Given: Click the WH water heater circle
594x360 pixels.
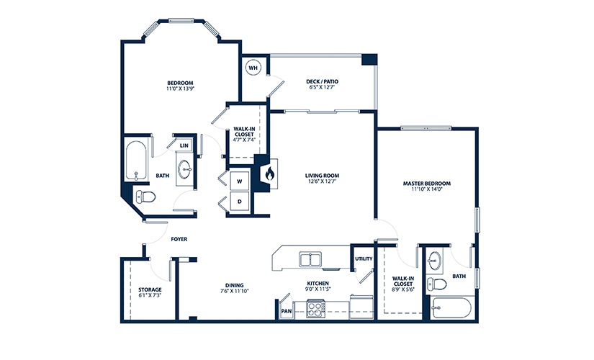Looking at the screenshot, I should [x=253, y=68].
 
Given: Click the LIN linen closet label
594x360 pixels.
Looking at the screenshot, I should [x=184, y=145].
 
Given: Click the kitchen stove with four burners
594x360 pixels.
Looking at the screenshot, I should [x=315, y=310].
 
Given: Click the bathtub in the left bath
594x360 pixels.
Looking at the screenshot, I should [x=135, y=161].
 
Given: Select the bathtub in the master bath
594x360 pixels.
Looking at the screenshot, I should [x=451, y=310].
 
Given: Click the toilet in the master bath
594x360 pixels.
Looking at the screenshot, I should [x=435, y=283].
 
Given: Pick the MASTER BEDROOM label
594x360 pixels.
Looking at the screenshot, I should [x=425, y=184].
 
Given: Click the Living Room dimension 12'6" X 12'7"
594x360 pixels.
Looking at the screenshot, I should [x=322, y=181].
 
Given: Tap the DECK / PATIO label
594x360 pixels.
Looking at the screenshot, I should [x=322, y=82].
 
